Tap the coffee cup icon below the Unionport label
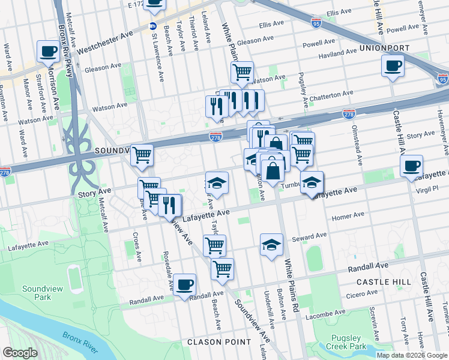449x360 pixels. (x=392, y=65)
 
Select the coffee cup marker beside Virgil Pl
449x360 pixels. (x=412, y=166)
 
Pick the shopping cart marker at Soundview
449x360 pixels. (x=142, y=155)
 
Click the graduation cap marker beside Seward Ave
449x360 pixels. (x=271, y=244)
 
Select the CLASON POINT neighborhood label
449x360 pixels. (x=218, y=342)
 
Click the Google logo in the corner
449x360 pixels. (x=20, y=353)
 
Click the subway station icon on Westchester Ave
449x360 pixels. (x=152, y=26)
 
